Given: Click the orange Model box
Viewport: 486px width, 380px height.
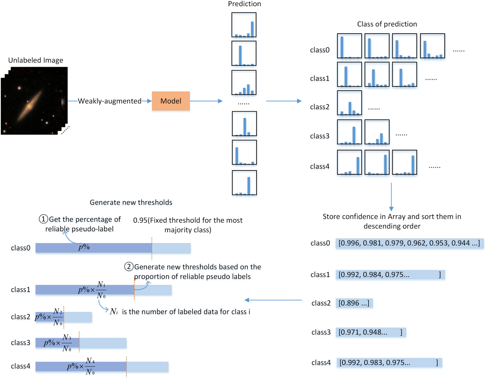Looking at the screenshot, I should [x=171, y=101].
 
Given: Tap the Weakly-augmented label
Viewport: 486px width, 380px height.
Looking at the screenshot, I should [x=109, y=101].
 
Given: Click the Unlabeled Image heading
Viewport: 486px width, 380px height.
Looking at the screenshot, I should [x=36, y=60].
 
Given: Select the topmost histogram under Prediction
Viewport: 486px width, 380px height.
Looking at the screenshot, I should [x=244, y=25].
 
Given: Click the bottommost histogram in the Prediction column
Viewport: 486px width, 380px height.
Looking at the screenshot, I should [x=244, y=183].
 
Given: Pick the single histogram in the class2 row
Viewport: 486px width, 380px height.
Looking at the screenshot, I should [x=349, y=103].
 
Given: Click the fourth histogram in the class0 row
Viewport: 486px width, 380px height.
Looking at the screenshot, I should [x=432, y=46].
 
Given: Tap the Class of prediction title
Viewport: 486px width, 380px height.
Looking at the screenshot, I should [x=387, y=24].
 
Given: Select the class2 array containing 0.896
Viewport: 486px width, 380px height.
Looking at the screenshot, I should [x=354, y=303].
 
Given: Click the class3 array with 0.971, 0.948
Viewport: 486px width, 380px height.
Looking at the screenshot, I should [x=371, y=332].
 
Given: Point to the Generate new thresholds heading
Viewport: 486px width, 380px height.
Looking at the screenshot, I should [x=131, y=202].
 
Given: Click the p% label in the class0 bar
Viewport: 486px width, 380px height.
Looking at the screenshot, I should [x=84, y=247].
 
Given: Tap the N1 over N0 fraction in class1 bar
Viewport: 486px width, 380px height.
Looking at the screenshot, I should [x=101, y=290].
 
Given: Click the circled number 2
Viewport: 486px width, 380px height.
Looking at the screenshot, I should [x=129, y=267].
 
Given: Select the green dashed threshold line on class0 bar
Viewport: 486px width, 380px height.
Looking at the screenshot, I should [x=152, y=249].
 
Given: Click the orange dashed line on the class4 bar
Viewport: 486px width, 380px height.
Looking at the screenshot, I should [x=126, y=367].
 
